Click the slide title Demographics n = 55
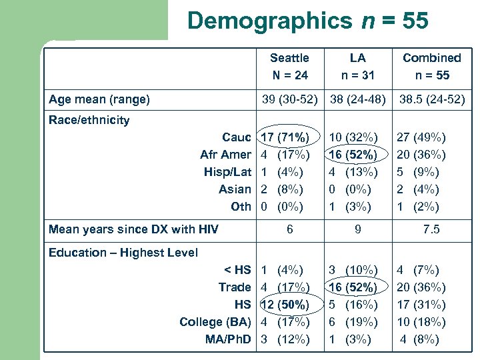307,21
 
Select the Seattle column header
289,67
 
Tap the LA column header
358,67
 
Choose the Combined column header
431,67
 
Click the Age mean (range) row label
99,100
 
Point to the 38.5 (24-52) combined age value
431,100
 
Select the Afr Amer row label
225,155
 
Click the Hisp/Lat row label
227,172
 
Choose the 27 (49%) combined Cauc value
421,137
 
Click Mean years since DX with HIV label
133,230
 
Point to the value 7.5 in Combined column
431,230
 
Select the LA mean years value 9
358,230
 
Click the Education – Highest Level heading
123,253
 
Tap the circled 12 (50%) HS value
285,305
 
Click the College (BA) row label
215,322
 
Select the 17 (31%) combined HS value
421,305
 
